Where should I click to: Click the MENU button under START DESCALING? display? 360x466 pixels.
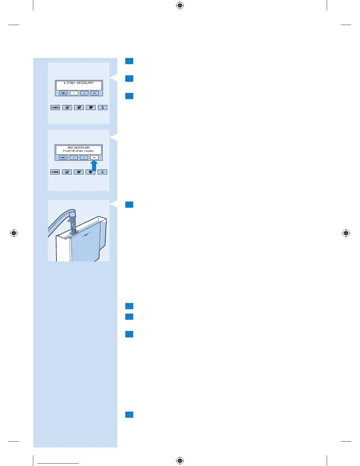click(64, 93)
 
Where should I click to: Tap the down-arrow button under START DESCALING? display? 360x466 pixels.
click(74, 93)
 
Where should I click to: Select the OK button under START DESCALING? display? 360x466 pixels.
click(94, 93)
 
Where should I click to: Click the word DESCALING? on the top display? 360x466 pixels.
click(85, 83)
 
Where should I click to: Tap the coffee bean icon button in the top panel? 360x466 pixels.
click(55, 108)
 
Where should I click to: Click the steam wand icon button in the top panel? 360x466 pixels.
click(102, 108)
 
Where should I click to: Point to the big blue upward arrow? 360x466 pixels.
click(94, 165)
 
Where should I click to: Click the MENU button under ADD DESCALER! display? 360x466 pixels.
click(63, 158)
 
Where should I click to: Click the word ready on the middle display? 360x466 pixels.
click(89, 151)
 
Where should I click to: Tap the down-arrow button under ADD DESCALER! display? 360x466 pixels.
click(74, 158)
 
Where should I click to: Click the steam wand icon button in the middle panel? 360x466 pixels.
click(102, 172)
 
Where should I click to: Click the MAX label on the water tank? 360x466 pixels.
click(86, 235)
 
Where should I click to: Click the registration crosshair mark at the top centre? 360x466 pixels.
click(180, 5)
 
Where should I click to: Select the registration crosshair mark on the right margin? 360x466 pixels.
click(346, 233)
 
